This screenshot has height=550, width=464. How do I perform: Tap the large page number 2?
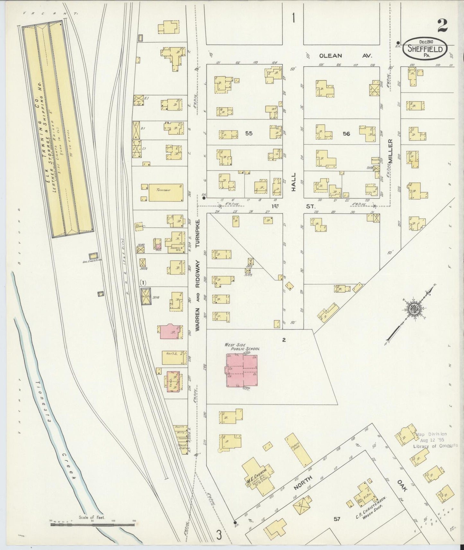point(442,25)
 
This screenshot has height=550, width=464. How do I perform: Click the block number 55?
point(249,133)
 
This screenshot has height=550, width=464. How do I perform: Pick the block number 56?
point(346,133)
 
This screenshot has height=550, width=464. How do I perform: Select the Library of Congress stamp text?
point(436,445)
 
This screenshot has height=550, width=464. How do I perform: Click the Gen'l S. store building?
point(173,357)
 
